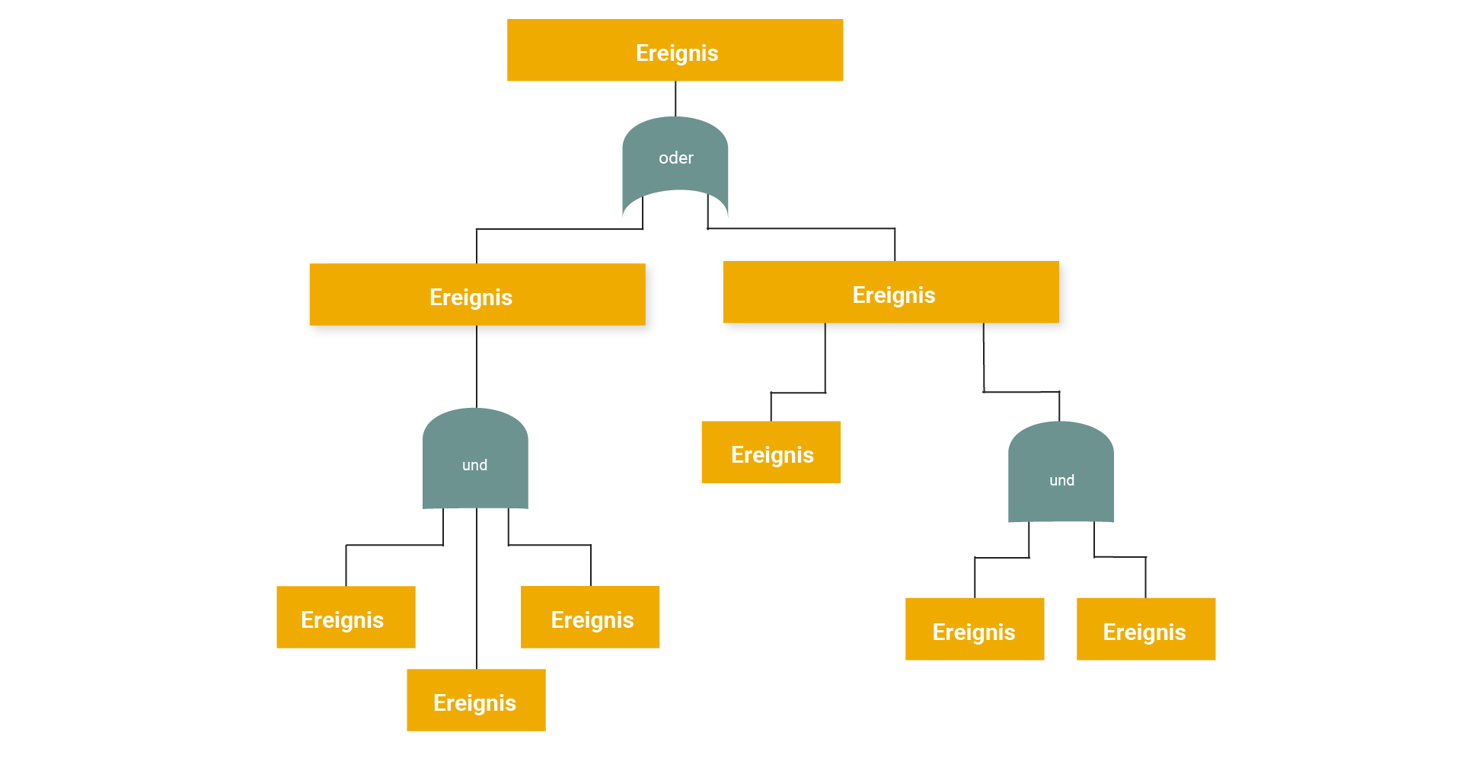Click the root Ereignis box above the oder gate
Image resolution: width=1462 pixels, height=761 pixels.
point(675,50)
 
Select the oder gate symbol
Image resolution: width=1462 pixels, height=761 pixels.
point(675,164)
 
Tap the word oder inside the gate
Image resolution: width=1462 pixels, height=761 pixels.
point(676,158)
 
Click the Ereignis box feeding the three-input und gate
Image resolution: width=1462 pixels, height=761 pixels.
point(477,295)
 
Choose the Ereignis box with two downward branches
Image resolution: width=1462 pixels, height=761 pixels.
point(891,292)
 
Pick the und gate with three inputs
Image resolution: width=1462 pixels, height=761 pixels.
point(475,458)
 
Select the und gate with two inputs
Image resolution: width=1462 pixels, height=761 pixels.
point(1061,472)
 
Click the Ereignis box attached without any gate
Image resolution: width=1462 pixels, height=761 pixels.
point(771,452)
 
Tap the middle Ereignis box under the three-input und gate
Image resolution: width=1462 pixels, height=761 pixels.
point(476,700)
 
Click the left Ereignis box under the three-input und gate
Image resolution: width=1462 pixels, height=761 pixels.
point(346,617)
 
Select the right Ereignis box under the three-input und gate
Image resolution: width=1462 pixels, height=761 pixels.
point(590,617)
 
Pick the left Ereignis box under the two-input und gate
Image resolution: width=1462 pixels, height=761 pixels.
point(975,629)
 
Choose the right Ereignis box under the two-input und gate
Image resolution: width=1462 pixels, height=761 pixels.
point(1146,629)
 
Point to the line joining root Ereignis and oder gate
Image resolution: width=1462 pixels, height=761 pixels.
point(675,99)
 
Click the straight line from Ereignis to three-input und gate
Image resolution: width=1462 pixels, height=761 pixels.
point(477,367)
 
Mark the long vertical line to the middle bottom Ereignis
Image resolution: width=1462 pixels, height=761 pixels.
point(477,589)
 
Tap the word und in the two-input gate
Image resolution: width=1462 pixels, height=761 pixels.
point(1062,480)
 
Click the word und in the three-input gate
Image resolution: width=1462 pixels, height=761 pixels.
point(475,465)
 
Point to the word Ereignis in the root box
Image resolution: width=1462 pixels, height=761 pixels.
point(677,53)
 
